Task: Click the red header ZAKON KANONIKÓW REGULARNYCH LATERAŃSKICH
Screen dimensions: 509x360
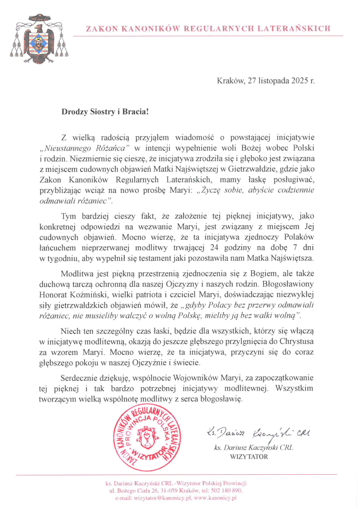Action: [x=208, y=29]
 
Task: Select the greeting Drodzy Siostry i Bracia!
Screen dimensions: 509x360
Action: [x=104, y=112]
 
